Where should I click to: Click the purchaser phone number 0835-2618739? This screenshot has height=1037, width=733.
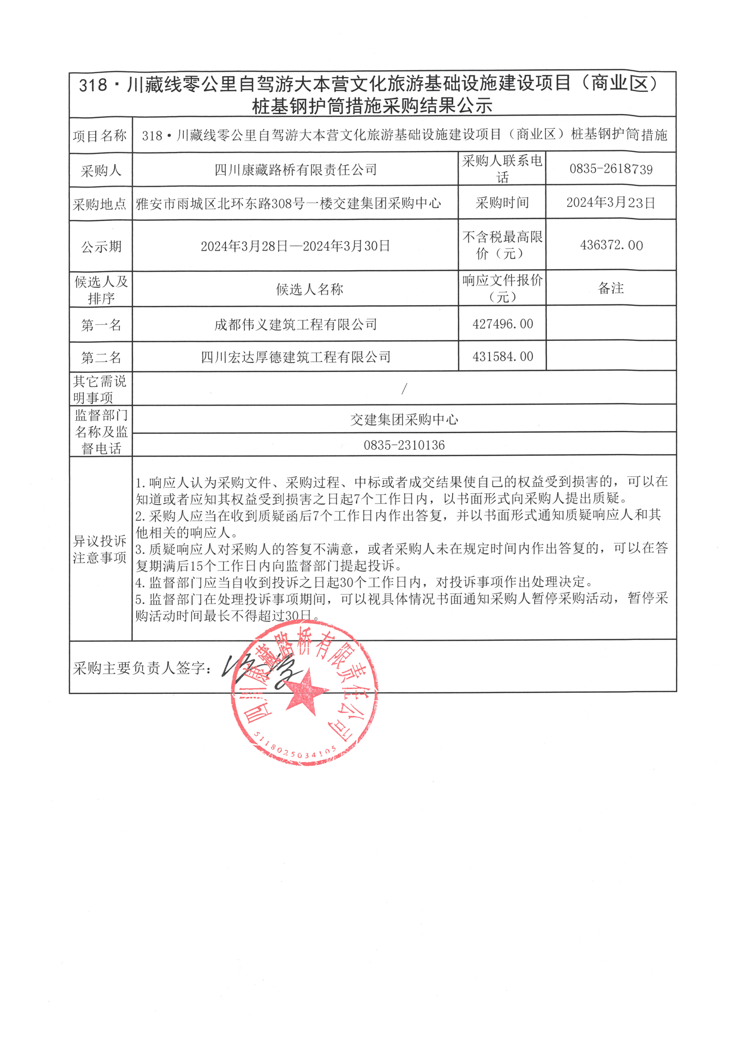tap(611, 169)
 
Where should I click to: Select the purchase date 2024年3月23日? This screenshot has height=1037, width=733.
tap(611, 203)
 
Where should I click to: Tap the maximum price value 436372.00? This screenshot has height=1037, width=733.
tap(611, 245)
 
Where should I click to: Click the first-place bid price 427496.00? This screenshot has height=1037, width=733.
tap(503, 324)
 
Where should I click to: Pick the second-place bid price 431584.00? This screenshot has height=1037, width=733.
tap(503, 357)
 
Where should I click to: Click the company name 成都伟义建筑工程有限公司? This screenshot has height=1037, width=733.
tap(296, 324)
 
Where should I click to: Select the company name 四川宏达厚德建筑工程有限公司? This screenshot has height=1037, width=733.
tap(296, 357)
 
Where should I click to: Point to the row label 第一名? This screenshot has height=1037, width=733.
tap(101, 325)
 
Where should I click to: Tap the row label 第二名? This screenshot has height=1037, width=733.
tap(101, 358)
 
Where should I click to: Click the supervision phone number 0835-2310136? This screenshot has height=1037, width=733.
tap(404, 445)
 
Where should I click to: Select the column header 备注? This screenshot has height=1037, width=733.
tap(611, 289)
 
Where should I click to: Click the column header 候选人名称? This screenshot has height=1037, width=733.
tap(309, 290)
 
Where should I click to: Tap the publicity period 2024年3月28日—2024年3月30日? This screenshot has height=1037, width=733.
tap(296, 246)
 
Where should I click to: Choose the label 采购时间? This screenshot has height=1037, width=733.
tap(502, 203)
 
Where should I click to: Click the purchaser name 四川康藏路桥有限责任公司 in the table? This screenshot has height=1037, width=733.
tap(296, 170)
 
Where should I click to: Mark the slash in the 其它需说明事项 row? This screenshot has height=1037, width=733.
tap(404, 389)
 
